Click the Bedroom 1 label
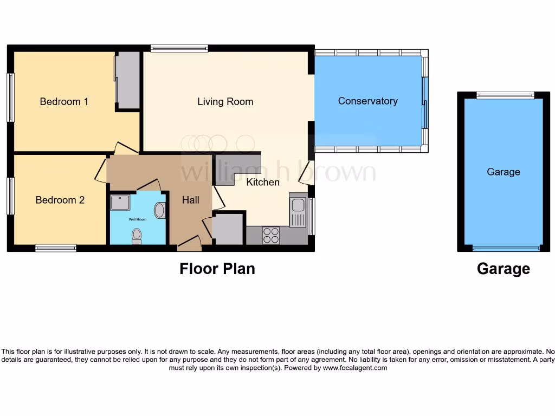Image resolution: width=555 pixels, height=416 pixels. coord(64,101)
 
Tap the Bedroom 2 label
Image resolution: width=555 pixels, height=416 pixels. coord(60,200)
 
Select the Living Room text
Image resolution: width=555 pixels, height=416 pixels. coord(225,101)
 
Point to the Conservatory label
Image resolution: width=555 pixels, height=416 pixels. coord(367,101)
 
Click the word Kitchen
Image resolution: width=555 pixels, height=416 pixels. coord(263,182)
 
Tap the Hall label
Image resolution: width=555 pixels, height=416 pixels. coord(190,200)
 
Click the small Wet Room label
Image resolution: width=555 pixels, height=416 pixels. coord(137,219)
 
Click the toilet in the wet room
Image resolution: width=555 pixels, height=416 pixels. coord(137,236)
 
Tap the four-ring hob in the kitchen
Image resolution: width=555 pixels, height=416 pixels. coord(271,235)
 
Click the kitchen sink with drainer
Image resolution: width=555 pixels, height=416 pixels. coord(298,211)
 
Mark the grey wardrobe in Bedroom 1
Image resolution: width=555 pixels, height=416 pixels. coord(128,80)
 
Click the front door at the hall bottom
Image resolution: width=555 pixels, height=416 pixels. coord(189,245)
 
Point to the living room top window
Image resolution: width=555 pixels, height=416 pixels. coord(179,48)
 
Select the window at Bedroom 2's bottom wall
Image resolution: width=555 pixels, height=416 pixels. coord(56,248)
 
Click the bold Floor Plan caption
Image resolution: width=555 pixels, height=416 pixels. coord(217,269)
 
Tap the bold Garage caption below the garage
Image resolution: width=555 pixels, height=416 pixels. coord(503,269)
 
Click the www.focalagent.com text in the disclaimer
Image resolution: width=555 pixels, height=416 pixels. coord(355,368)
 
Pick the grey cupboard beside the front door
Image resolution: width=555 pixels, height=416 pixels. coord(228,229)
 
